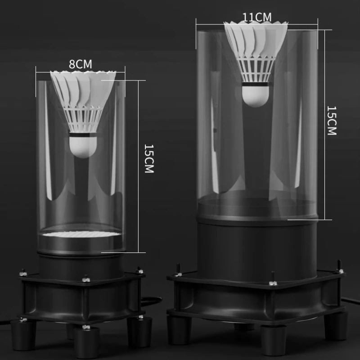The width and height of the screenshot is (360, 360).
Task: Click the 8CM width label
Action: coord(81,64)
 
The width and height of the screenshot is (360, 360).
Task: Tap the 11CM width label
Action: coord(257,17)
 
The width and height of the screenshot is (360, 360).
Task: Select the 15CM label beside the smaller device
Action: coord(149,158)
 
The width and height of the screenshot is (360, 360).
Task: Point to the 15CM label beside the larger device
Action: coord(332,121)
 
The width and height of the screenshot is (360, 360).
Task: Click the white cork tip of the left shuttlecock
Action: coord(83,148)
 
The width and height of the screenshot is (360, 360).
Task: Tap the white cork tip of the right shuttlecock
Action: coord(255,96)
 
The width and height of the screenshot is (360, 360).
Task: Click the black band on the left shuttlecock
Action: coord(83,135)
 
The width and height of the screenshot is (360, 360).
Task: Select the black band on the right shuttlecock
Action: coord(255,84)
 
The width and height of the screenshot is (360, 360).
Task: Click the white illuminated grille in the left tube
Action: coord(82,234)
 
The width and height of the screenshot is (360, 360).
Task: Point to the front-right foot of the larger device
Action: coord(336,325)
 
